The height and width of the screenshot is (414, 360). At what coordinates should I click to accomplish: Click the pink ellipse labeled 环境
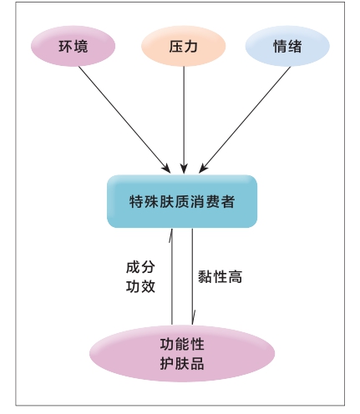73,46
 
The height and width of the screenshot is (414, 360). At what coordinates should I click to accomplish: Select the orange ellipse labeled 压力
183,46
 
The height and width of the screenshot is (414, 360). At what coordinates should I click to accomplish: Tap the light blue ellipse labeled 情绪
287,46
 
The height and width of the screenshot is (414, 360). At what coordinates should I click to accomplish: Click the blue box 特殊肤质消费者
182,201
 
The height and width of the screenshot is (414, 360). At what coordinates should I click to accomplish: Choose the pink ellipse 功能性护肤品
182,353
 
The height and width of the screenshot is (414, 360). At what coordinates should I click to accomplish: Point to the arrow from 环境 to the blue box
124,119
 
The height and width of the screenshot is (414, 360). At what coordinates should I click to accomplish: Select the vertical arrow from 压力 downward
184,120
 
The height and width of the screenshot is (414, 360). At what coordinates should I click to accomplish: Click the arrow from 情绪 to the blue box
245,120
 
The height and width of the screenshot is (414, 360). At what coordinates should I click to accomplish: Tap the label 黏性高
220,277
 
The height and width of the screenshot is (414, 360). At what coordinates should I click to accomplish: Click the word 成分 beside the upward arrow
140,267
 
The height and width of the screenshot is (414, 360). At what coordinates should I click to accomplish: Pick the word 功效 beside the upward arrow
140,286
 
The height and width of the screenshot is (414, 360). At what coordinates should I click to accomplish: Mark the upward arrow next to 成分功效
171,276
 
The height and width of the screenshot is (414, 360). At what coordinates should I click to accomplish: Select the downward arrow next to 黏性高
192,276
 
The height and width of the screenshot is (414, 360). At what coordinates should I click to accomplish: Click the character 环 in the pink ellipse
66,47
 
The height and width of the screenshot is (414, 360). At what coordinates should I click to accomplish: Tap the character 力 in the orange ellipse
191,47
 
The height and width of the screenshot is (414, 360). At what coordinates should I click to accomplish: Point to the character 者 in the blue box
228,201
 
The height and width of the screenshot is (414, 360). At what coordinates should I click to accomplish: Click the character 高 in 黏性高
235,277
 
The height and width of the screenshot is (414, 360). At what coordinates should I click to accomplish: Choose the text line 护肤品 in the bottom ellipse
182,363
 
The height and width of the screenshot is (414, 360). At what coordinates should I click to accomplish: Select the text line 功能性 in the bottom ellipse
182,344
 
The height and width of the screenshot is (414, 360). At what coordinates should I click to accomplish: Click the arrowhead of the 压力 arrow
184,169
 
